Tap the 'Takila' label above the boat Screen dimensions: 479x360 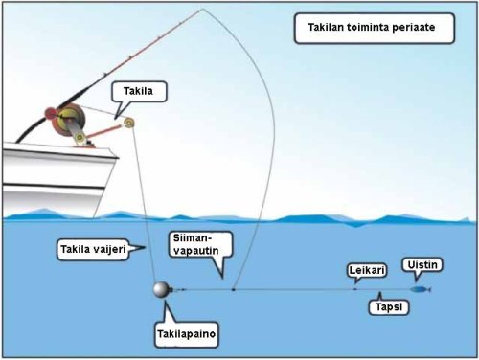[132, 92]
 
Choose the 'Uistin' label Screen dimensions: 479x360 [419, 264]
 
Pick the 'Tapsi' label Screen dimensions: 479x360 [387, 307]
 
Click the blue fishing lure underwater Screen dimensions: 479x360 [420, 288]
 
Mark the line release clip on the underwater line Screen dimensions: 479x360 [233, 287]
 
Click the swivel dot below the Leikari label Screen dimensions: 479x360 [354, 287]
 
